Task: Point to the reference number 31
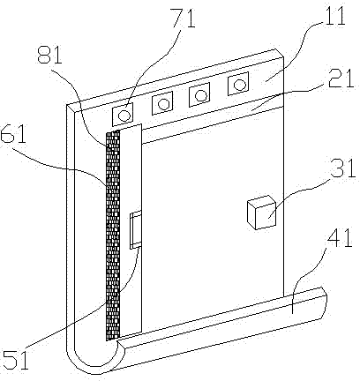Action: pyautogui.click(x=343, y=168)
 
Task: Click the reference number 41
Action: pyautogui.click(x=339, y=240)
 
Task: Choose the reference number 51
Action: pyautogui.click(x=16, y=359)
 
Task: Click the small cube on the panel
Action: pyautogui.click(x=261, y=212)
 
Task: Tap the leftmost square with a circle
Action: pyautogui.click(x=123, y=115)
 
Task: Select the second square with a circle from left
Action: pyautogui.click(x=162, y=103)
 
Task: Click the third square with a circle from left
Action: pyautogui.click(x=199, y=94)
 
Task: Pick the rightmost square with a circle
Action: pyautogui.click(x=238, y=84)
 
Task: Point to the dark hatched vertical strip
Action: pyautogui.click(x=113, y=235)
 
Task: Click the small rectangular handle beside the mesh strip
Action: pyautogui.click(x=136, y=230)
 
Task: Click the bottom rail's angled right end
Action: pyautogui.click(x=324, y=303)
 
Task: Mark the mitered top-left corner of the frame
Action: pyautogui.click(x=71, y=108)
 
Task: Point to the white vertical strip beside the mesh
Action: pyautogui.click(x=131, y=231)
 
